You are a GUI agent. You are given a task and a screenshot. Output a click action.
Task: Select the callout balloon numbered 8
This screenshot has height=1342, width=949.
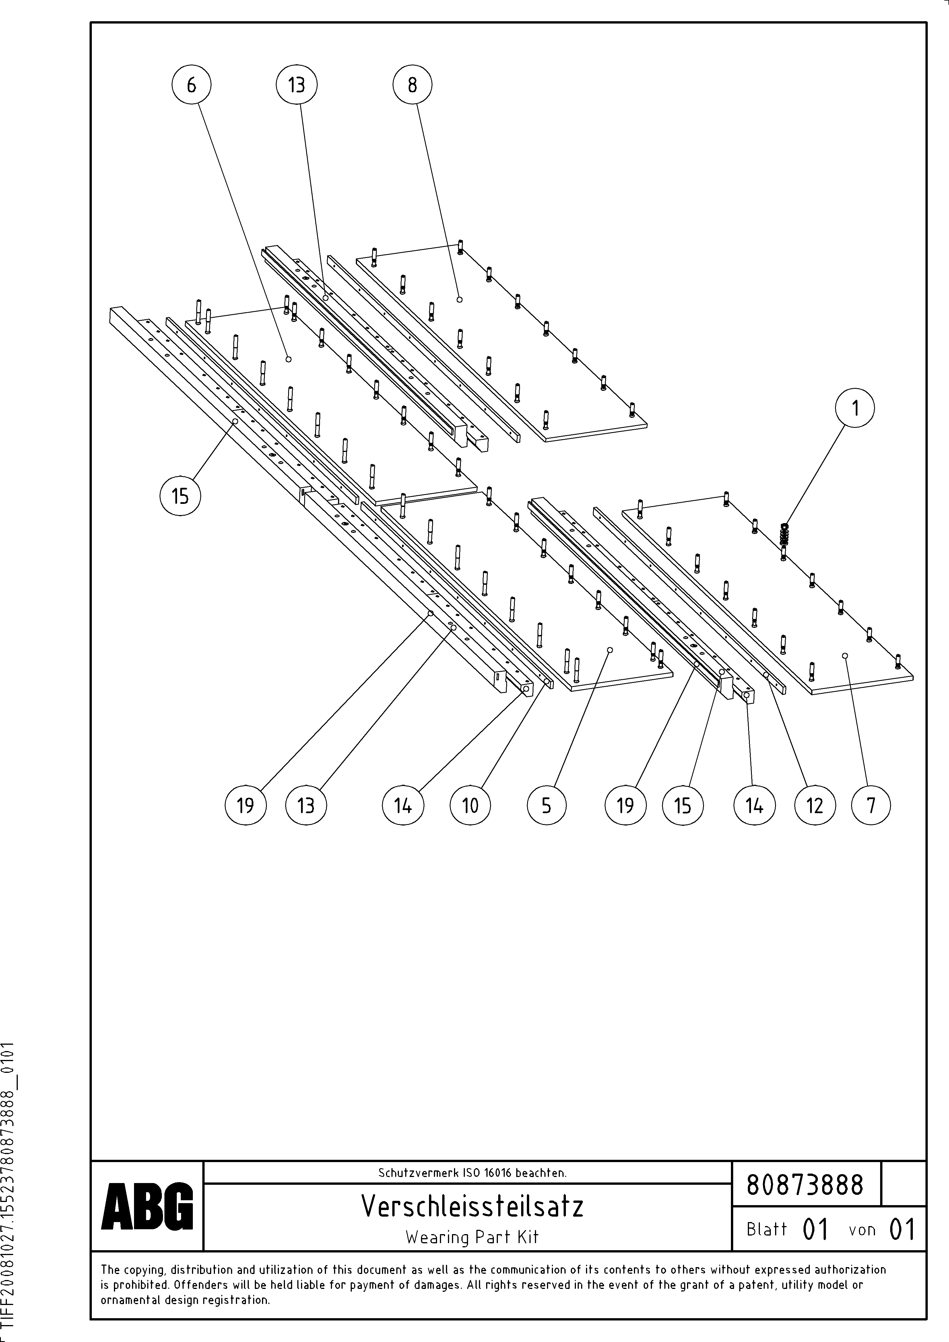tap(412, 85)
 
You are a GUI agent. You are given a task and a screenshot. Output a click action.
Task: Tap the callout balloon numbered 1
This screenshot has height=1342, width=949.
tap(855, 408)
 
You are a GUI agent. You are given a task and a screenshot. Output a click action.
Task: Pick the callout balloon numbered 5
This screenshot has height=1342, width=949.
tap(546, 805)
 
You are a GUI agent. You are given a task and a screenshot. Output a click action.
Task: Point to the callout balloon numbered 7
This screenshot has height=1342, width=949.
tap(871, 805)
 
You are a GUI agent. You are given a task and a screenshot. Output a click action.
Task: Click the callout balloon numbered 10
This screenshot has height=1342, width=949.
tap(470, 805)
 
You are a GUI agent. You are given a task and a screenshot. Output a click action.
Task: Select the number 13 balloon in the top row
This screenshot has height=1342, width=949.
tap(296, 85)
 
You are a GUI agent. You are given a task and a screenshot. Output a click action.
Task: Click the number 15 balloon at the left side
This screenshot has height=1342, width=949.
tap(180, 496)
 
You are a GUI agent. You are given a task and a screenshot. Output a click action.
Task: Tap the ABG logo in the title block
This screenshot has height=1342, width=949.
tap(147, 1205)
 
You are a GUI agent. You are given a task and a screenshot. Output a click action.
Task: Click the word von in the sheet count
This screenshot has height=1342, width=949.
tap(862, 1230)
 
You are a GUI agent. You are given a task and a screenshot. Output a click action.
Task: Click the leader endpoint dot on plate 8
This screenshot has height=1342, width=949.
tap(460, 299)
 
